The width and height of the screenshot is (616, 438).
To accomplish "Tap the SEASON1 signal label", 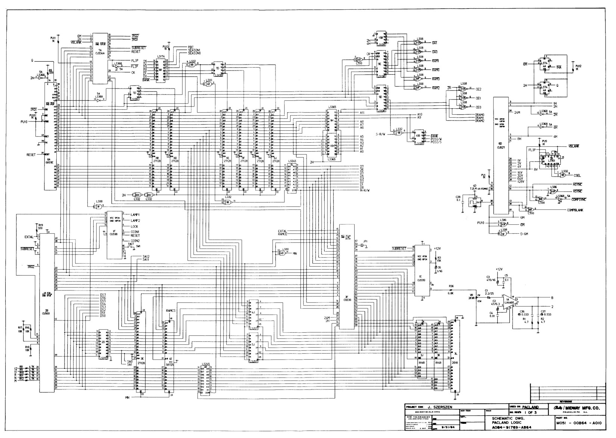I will [195, 50].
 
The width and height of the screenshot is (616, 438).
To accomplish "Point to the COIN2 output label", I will [135, 240].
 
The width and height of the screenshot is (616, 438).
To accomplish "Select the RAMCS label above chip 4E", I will [171, 311].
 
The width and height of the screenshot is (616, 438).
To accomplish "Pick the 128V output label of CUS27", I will [521, 181].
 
